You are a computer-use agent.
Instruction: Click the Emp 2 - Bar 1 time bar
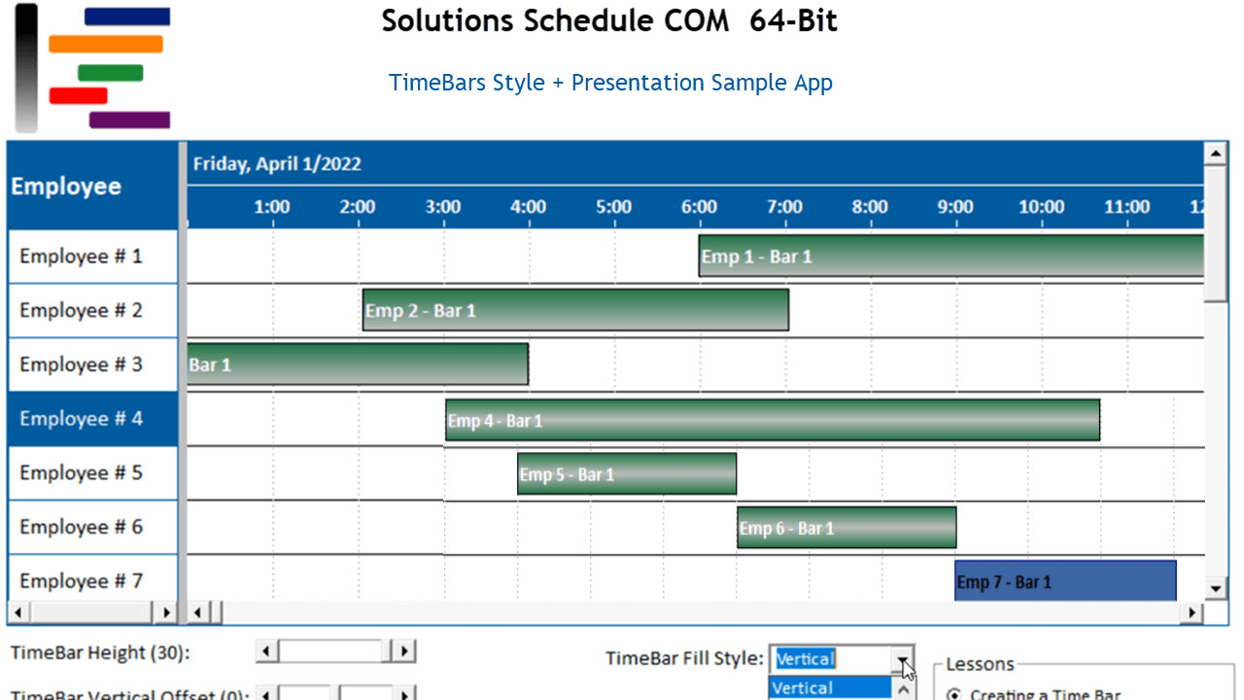(x=575, y=310)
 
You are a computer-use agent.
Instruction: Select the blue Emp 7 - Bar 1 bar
(x=1065, y=581)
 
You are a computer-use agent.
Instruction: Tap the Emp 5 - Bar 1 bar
(x=627, y=474)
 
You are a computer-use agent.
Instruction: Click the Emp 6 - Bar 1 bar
(x=847, y=528)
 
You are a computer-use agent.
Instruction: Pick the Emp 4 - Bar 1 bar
(x=773, y=420)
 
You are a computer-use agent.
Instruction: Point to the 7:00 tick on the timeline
(x=784, y=207)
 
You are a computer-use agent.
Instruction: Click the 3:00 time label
(x=443, y=207)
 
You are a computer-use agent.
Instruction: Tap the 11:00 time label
(x=1126, y=207)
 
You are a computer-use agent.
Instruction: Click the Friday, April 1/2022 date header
(x=277, y=163)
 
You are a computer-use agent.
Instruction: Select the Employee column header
(x=67, y=187)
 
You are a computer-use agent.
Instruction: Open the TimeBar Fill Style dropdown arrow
(x=904, y=659)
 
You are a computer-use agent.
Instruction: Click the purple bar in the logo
(x=129, y=121)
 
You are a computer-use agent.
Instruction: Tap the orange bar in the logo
(x=106, y=44)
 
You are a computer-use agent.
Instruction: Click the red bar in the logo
(x=78, y=95)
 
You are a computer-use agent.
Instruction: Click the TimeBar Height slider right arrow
(x=404, y=651)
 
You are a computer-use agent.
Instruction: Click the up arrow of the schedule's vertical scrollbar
(x=1215, y=154)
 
